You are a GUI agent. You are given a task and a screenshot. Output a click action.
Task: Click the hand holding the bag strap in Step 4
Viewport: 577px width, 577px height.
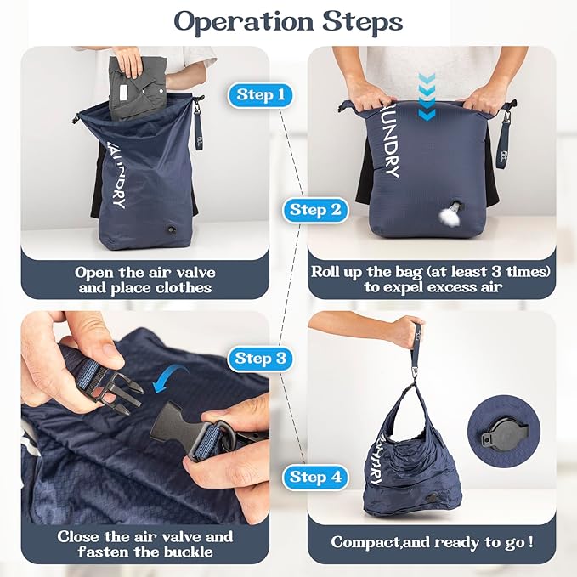[x=407, y=330]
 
